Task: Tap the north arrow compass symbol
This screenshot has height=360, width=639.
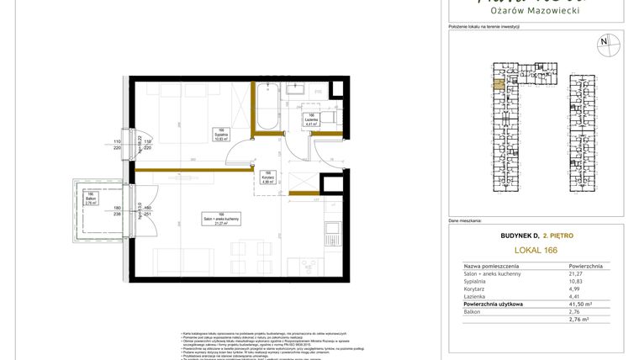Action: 603,41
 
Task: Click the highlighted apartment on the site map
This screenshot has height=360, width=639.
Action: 498,82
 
